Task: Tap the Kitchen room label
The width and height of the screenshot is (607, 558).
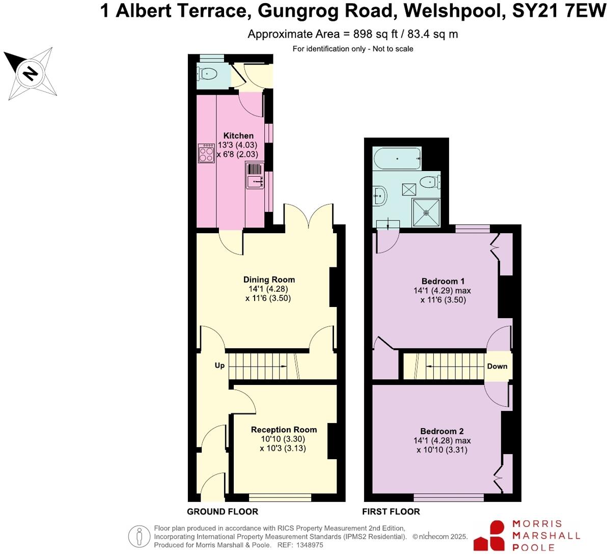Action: pyautogui.click(x=238, y=135)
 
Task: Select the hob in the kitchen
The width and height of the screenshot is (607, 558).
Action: pyautogui.click(x=206, y=153)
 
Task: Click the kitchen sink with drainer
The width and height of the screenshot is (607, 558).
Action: pyautogui.click(x=255, y=176)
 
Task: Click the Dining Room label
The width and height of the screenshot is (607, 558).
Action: pyautogui.click(x=269, y=280)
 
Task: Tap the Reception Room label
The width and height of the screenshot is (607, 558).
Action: pyautogui.click(x=284, y=430)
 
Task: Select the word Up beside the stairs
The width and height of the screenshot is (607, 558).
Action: pyautogui.click(x=219, y=366)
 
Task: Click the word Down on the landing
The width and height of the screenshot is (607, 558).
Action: pyautogui.click(x=497, y=366)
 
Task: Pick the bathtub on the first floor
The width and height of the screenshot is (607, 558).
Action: pyautogui.click(x=397, y=159)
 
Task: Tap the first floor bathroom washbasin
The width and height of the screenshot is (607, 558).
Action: pyautogui.click(x=380, y=195)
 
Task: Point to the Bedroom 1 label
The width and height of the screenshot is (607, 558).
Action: pyautogui.click(x=443, y=281)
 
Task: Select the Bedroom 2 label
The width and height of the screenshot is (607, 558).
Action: pyautogui.click(x=442, y=431)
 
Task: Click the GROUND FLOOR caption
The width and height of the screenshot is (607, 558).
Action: pyautogui.click(x=223, y=512)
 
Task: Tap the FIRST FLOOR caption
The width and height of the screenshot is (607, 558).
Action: pyautogui.click(x=391, y=512)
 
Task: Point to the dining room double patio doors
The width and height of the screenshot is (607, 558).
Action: pyautogui.click(x=309, y=216)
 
